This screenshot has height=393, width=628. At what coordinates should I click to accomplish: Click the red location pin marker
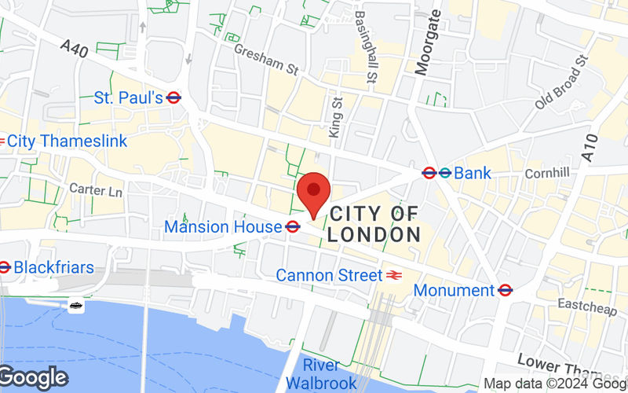point(315,192)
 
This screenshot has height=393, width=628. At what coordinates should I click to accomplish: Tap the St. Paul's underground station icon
point(174,97)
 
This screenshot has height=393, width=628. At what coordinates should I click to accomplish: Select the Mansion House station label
point(222,227)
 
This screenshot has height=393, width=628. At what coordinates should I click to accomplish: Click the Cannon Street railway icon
point(394,275)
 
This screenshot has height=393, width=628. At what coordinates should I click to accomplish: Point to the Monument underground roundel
point(506,290)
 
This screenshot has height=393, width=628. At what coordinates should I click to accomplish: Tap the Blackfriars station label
point(53,267)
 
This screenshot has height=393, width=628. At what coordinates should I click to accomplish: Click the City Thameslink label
point(67,141)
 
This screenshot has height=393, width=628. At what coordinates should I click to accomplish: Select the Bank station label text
point(473,173)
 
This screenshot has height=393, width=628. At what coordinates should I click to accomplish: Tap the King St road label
point(336,118)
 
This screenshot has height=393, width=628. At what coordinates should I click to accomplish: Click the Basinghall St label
point(365,47)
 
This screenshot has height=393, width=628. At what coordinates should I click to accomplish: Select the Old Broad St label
point(561,82)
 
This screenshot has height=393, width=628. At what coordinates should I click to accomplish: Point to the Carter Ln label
point(96,190)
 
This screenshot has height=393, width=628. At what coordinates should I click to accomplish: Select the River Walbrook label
point(321,374)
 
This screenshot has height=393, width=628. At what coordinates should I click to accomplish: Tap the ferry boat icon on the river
point(76,306)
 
